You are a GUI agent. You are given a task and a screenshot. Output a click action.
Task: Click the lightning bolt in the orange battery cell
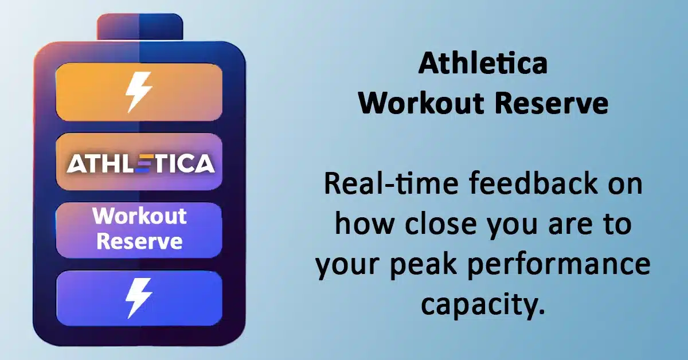[139, 92]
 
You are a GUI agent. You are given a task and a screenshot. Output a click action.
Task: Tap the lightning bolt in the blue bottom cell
[139, 298]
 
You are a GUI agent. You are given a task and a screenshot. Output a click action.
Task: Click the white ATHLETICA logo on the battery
[140, 163]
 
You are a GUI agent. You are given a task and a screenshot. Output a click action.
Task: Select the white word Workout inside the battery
[139, 216]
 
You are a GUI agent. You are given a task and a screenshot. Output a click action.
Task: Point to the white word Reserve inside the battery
[140, 241]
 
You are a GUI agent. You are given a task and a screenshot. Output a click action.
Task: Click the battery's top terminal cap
[140, 27]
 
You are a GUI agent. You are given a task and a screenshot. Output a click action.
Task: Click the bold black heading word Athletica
[483, 64]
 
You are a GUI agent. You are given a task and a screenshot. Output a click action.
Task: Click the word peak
[424, 264]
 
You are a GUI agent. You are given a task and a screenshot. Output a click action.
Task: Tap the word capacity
[483, 306]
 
